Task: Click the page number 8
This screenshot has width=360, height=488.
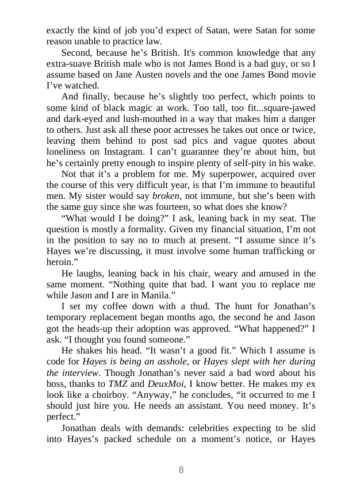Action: pos(181,470)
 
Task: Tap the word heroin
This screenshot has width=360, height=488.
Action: pos(59,262)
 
